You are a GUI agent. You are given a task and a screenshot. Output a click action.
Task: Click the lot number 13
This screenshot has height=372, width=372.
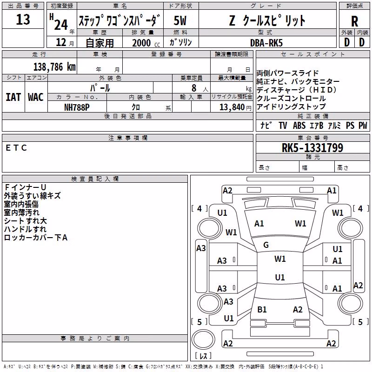click(x=23, y=19)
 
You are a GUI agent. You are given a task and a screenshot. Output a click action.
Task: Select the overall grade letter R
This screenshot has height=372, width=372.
click(x=354, y=21)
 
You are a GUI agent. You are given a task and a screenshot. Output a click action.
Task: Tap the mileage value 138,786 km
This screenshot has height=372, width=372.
click(x=54, y=67)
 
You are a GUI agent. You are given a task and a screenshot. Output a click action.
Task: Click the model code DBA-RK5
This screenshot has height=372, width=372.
click(x=266, y=43)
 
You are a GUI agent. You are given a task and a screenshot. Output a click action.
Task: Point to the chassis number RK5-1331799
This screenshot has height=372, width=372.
click(x=312, y=147)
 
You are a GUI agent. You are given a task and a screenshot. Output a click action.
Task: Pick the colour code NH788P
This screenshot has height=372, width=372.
click(x=77, y=107)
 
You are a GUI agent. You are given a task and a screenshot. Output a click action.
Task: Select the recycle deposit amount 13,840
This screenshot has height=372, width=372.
click(x=232, y=107)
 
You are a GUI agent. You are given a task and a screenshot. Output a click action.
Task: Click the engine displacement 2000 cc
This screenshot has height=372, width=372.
click(x=146, y=43)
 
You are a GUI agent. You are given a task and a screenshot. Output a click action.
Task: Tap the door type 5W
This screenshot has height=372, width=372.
click(x=180, y=20)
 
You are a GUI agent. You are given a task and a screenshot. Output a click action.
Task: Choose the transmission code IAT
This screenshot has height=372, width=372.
click(x=13, y=97)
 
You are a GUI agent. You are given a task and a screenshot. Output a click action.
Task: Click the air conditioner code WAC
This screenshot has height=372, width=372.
click(x=36, y=97)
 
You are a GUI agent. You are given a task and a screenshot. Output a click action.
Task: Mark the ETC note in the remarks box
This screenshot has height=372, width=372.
click(x=16, y=148)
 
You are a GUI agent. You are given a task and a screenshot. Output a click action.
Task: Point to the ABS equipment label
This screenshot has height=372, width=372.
click(x=299, y=125)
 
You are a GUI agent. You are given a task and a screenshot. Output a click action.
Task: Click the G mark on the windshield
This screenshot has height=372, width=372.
click(x=266, y=245)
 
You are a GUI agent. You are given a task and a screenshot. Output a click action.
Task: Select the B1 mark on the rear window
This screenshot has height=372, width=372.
click(x=262, y=310)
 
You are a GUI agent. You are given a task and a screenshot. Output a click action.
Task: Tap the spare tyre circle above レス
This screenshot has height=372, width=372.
click(x=203, y=339)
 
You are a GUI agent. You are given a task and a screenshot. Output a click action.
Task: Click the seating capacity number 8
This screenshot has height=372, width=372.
click(x=194, y=88)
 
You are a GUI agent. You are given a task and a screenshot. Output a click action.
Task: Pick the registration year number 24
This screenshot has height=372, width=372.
click(x=61, y=25)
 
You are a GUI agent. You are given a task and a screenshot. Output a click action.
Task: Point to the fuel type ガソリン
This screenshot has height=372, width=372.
click(x=180, y=42)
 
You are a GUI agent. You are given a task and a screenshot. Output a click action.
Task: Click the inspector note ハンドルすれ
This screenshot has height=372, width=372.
click(x=26, y=229)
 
